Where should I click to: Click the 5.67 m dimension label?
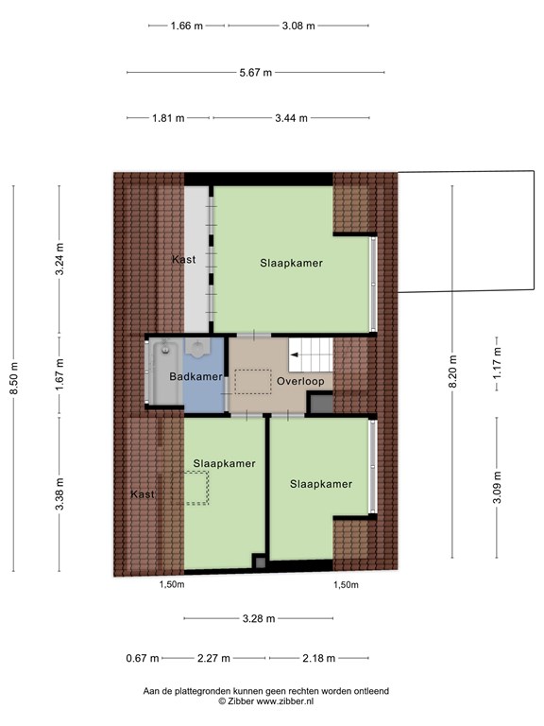click(x=255, y=72)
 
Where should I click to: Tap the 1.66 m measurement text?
click(x=186, y=26)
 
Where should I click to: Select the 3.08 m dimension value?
click(x=298, y=26)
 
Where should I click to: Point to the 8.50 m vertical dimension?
click(x=14, y=378)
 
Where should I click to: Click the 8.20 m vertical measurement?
click(x=453, y=372)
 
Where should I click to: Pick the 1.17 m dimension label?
click(x=497, y=363)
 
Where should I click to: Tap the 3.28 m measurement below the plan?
click(x=259, y=618)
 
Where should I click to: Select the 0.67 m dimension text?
click(x=143, y=658)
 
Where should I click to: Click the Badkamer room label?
click(x=195, y=376)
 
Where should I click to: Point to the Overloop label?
click(x=300, y=382)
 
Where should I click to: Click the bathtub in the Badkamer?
click(x=165, y=372)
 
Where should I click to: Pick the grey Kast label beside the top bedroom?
click(x=184, y=260)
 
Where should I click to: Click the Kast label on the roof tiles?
click(x=143, y=494)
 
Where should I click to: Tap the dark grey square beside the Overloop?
click(x=320, y=403)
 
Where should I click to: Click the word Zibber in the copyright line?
click(x=241, y=701)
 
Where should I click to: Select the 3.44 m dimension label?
click(x=291, y=118)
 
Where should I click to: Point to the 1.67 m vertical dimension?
click(x=59, y=374)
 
